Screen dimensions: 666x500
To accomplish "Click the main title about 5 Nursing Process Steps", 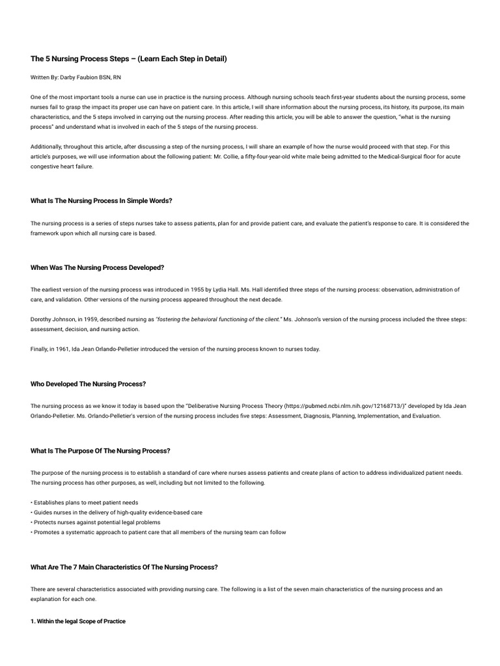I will [128, 59].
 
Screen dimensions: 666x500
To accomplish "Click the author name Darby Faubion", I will [85, 77].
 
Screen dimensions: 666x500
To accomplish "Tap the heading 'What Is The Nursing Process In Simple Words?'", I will [101, 200].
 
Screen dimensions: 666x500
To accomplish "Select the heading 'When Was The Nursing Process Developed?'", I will [97, 267].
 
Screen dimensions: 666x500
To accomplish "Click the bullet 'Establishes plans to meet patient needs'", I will [85, 503].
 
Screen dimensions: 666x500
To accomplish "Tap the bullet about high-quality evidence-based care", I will [117, 513].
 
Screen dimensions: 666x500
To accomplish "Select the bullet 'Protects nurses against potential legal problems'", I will [96, 522].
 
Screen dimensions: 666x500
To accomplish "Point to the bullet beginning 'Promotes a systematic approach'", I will [159, 532].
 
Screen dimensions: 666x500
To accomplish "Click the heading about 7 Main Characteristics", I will [124, 567].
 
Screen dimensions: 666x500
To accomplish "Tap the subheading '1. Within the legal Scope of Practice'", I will [78, 622].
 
